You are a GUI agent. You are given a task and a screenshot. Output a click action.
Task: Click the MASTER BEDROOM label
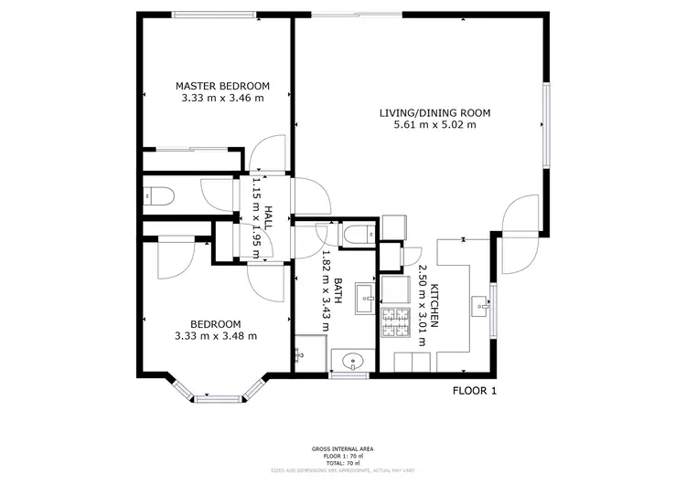(222, 86)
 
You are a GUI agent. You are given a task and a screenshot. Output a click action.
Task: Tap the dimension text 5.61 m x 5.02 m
(434, 125)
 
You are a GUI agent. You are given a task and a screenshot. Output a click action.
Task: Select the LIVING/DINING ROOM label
(434, 113)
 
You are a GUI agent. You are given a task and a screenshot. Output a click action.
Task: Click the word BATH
(337, 295)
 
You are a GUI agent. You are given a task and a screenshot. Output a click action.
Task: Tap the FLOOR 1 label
(475, 391)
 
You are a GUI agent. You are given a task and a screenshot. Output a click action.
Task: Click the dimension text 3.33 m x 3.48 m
(215, 336)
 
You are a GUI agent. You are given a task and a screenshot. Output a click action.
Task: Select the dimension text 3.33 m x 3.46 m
(222, 98)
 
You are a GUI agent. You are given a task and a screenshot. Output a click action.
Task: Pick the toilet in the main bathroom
(354, 234)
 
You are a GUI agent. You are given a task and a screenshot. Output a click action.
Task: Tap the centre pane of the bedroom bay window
(218, 397)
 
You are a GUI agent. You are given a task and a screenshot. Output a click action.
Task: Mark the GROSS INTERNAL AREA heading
(342, 448)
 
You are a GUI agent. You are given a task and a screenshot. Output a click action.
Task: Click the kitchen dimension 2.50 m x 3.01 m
(422, 316)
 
